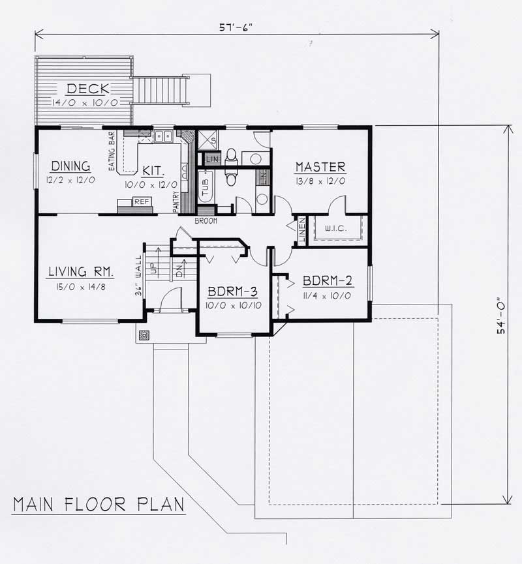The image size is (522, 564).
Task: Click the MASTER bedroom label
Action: click(x=320, y=167)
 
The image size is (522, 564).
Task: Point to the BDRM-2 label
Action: click(x=328, y=282)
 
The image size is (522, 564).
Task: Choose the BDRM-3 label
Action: click(x=232, y=291)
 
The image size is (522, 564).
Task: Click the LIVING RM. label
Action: click(x=82, y=271)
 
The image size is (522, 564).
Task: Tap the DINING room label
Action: click(x=70, y=166)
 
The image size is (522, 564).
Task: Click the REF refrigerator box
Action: click(x=142, y=202)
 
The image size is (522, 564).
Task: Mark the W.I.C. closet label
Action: click(x=332, y=229)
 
